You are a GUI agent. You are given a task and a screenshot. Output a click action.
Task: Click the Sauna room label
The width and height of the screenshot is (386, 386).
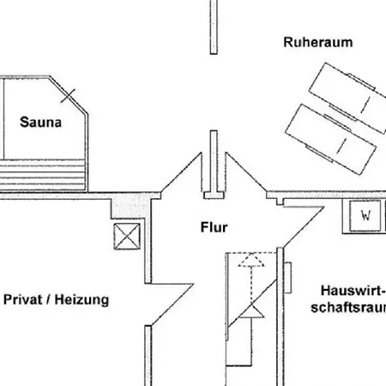(40, 123)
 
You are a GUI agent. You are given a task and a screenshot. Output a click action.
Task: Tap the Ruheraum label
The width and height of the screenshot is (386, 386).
(318, 42)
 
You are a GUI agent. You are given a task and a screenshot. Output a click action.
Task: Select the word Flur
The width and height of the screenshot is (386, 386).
(214, 227)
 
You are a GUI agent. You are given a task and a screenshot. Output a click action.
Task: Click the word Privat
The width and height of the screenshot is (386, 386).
(22, 299)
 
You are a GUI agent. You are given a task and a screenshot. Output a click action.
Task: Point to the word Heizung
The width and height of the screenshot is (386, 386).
(81, 300)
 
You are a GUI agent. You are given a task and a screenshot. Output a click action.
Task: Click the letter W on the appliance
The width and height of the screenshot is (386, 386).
(365, 215)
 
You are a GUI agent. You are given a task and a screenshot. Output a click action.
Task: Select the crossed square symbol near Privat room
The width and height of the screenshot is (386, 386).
(127, 237)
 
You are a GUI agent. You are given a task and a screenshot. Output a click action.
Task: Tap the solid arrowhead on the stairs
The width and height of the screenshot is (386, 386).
(251, 311)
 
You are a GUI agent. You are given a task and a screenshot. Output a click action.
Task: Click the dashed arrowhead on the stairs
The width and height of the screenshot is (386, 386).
(251, 260)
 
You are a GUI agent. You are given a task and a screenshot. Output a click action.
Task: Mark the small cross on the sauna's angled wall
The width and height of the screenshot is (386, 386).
(68, 96)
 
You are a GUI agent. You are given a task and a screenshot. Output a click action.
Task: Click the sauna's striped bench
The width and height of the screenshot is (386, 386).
(43, 175)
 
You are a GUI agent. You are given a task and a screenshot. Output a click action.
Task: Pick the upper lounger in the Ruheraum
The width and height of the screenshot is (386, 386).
(349, 97)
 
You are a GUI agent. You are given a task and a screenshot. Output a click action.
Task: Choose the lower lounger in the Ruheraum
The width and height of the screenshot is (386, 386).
(331, 139)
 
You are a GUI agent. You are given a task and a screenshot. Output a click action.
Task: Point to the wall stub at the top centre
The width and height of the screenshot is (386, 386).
(214, 27)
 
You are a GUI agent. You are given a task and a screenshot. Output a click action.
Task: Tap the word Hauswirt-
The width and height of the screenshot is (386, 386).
(353, 291)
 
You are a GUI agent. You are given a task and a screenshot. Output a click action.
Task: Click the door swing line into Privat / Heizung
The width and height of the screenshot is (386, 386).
(172, 305)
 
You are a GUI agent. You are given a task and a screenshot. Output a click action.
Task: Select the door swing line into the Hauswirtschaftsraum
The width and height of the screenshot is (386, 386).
(304, 226)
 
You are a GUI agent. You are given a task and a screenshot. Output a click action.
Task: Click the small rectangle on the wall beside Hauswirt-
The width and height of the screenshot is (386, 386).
(287, 277)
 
